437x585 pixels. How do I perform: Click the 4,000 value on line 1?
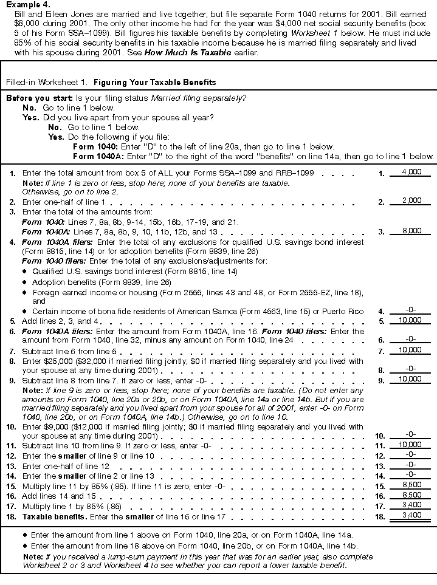(411, 172)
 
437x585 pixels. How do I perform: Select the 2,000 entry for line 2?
(411, 200)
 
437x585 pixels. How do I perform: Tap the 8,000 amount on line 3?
(411, 231)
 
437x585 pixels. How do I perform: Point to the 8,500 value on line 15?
(411, 487)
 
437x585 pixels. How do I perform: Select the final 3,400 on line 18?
(411, 516)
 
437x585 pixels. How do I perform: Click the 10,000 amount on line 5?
(411, 320)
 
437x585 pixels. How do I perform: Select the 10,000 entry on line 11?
(411, 445)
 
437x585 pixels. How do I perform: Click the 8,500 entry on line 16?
(411, 496)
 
